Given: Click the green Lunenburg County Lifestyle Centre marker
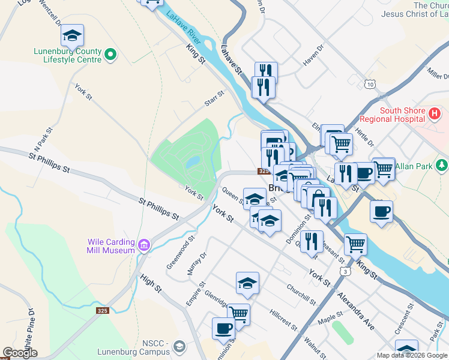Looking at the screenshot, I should [110, 55].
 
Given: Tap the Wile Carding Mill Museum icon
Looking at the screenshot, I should [143, 245].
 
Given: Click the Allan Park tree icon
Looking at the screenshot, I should [442, 164].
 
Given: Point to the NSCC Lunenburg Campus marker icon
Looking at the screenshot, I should [179, 346].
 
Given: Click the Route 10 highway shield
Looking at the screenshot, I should [370, 85].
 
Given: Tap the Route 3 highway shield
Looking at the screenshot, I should [345, 272].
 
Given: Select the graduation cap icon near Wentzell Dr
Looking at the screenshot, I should [73, 35].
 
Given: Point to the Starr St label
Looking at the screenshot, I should [214, 98].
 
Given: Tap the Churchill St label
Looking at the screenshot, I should [301, 294].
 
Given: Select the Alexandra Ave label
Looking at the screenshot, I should [355, 311].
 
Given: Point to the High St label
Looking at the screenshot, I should [151, 283].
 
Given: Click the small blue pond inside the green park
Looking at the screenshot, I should [192, 162].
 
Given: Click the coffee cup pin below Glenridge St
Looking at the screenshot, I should [224, 328].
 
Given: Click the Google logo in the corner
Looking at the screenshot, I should [20, 353].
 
